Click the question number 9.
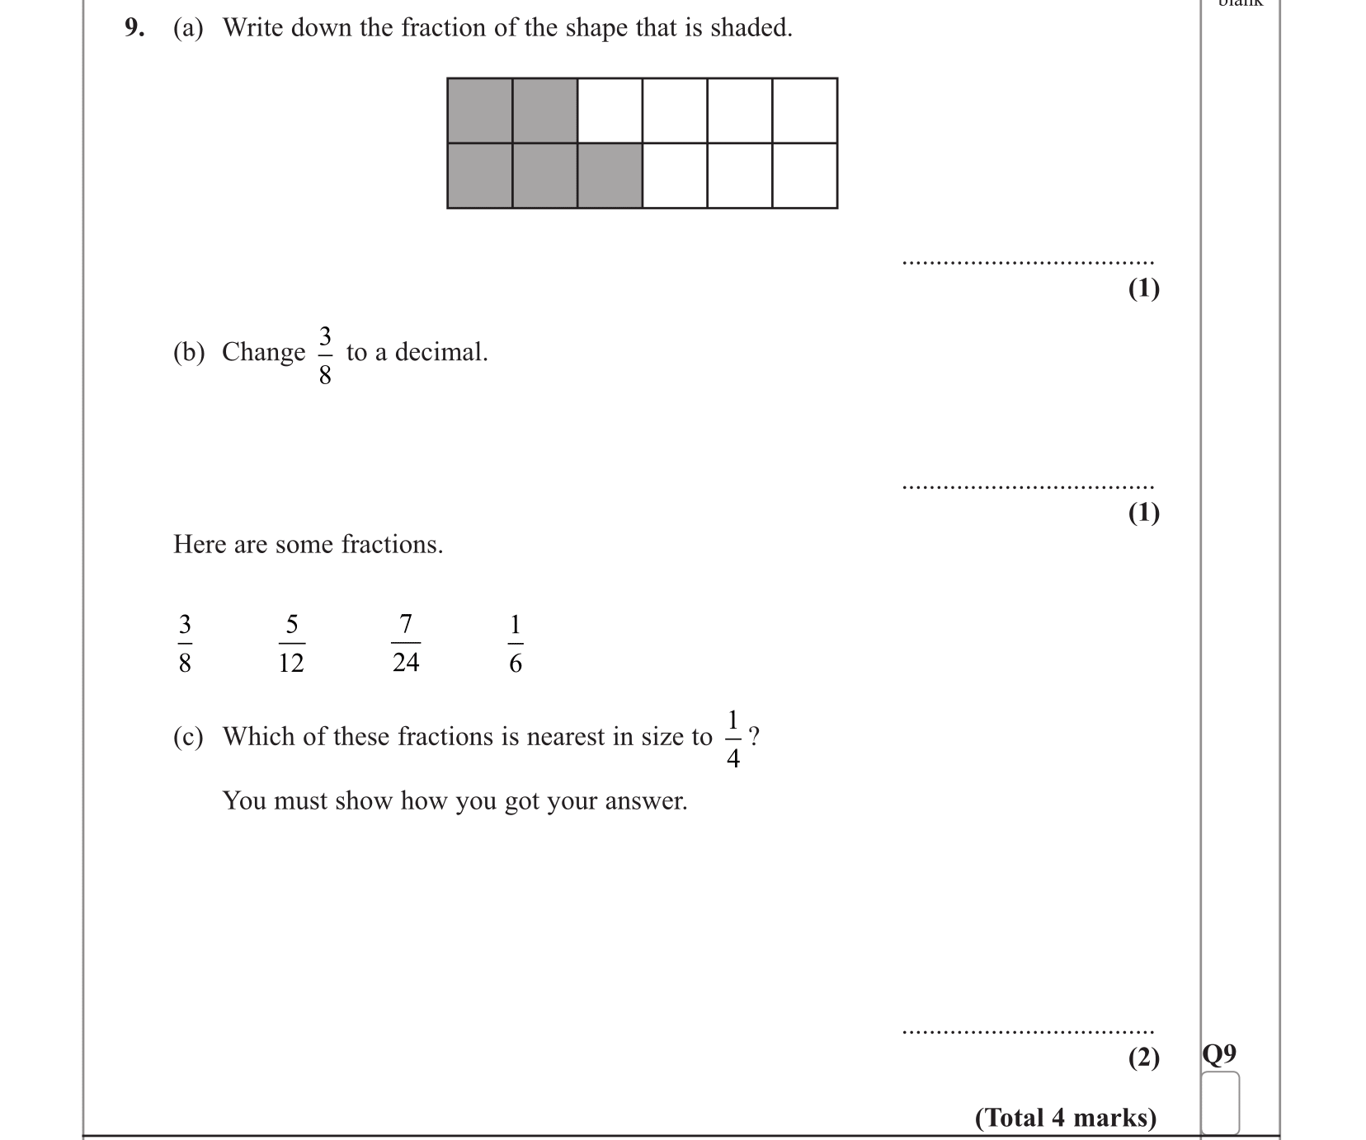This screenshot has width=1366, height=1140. point(133,28)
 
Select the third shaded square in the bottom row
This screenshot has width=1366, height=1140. point(610,176)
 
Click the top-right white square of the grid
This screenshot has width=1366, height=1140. point(804,110)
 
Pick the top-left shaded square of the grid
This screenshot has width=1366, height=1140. point(479,110)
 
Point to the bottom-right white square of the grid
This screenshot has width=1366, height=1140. point(804,176)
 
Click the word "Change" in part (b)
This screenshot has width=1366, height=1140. point(263,352)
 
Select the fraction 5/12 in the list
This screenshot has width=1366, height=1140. point(291,644)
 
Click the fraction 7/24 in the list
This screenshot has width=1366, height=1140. point(406,644)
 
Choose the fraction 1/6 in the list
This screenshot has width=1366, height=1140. point(516,644)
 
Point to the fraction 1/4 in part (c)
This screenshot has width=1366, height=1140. point(732,738)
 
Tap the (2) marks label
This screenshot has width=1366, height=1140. point(1143,1058)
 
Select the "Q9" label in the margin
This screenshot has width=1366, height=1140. point(1219,1054)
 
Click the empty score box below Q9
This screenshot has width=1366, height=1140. point(1220,1102)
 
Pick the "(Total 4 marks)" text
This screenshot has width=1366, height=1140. point(1066,1118)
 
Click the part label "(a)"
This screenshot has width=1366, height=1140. point(188,28)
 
